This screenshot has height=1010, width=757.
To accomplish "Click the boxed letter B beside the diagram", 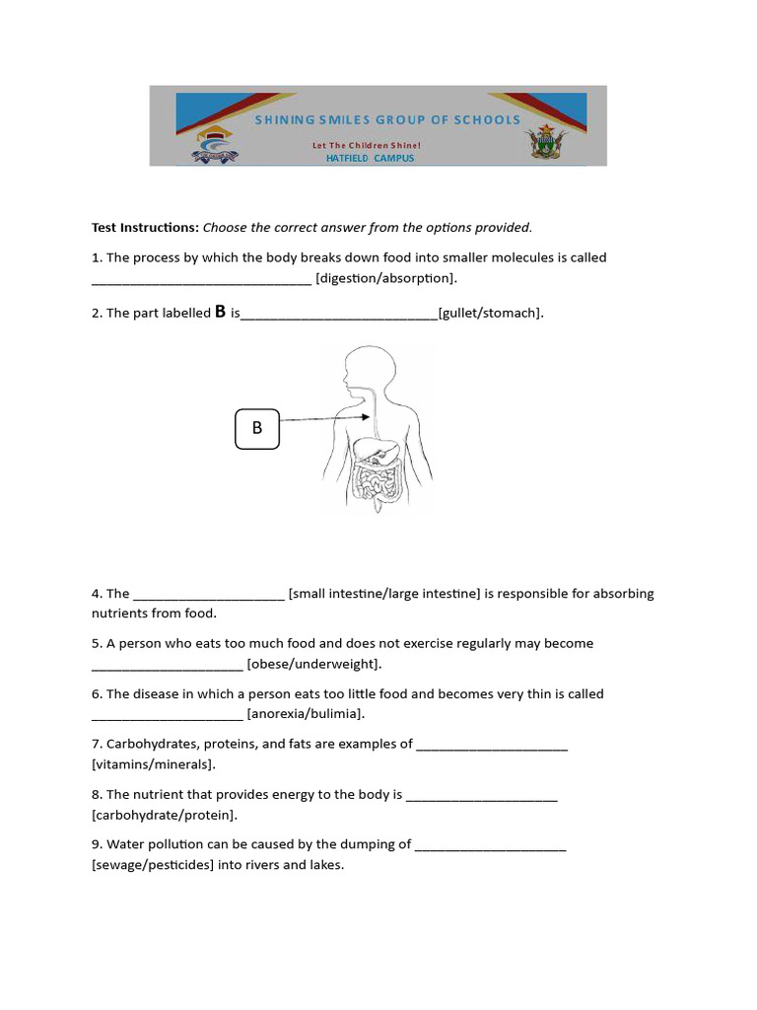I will [x=257, y=429].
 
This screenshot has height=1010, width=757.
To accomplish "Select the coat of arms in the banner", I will [x=544, y=144].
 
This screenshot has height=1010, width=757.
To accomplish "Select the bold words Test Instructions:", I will [x=145, y=228].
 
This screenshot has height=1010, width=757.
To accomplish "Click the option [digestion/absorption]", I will [x=386, y=278].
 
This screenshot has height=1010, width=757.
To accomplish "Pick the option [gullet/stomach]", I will [x=490, y=313].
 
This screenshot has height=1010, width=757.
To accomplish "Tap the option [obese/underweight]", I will [x=313, y=664].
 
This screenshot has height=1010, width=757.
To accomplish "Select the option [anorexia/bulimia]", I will [x=306, y=714].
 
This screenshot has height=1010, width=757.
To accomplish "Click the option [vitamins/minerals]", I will [x=153, y=764].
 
